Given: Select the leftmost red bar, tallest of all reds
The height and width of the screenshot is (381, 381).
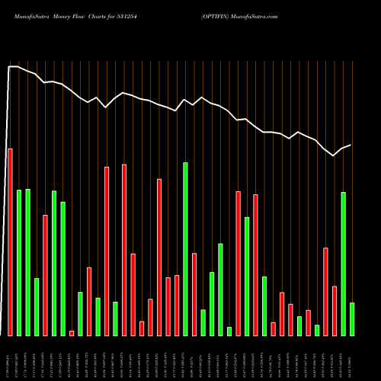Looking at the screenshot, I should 10,242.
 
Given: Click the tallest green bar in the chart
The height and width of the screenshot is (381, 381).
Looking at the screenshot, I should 185,248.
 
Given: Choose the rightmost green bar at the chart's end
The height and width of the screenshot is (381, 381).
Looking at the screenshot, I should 352,319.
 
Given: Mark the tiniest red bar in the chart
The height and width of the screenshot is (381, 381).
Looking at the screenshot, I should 72,332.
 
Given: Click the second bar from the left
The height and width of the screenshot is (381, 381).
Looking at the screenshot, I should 19,262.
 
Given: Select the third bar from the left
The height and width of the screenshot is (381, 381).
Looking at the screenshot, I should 27,262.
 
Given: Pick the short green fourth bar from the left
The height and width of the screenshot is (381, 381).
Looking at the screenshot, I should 37,306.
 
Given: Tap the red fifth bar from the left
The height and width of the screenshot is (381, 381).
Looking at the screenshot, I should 45,275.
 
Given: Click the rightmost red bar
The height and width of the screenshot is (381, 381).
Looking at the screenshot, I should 335,310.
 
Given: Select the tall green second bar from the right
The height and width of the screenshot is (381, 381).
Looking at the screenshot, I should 343,264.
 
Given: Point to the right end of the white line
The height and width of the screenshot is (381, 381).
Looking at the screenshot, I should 351,145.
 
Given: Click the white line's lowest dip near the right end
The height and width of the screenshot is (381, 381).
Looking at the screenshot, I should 334,155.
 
